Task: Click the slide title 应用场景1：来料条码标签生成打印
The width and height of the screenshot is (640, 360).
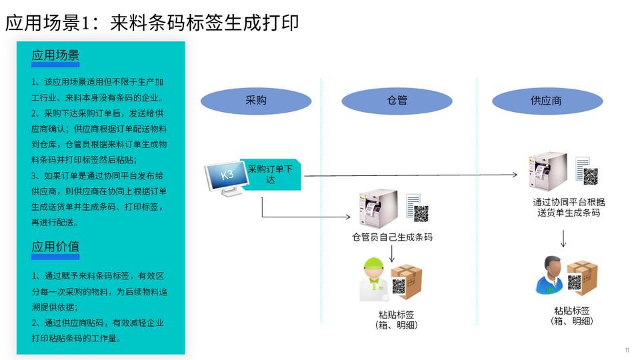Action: coord(152,23)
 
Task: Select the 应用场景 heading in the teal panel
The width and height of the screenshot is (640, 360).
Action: coord(55,56)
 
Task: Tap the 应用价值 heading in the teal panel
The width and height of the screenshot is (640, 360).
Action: coord(55,247)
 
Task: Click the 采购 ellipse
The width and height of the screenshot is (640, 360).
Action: coord(256,101)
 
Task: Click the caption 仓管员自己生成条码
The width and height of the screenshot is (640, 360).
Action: coord(392,237)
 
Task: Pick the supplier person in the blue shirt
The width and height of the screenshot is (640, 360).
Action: coord(551,275)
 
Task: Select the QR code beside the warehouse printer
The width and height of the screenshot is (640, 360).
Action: coord(421,214)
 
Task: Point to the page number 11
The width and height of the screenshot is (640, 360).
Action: coord(627,351)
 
